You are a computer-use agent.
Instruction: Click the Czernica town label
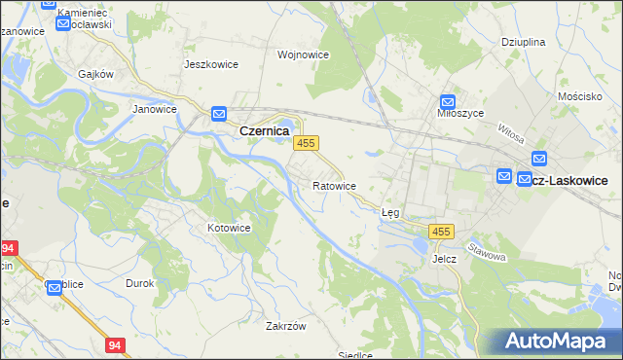pos(263,129)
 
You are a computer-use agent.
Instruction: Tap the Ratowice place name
pos(334,185)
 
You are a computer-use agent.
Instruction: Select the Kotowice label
pos(229,228)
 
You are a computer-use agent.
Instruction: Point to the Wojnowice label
pos(302,54)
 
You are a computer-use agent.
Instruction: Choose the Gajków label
pos(97,74)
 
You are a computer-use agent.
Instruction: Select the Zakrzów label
pos(286,327)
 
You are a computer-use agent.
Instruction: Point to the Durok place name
pos(140,283)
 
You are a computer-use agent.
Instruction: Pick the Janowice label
pos(154,109)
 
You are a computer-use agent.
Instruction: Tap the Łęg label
pos(390,211)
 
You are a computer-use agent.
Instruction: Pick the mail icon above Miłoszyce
pos(447,101)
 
